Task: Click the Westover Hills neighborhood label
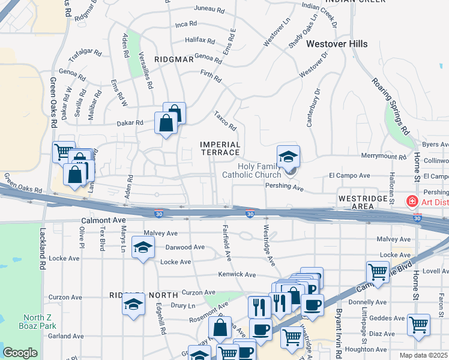tap(336, 44)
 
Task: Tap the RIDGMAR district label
tap(173, 59)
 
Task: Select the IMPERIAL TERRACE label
tap(220, 148)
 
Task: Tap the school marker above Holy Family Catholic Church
tap(288, 157)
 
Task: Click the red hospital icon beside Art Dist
tap(413, 201)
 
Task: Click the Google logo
tap(20, 353)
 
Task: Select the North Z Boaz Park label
tap(39, 322)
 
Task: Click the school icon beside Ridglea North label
tap(133, 306)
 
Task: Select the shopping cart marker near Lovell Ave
tap(378, 272)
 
